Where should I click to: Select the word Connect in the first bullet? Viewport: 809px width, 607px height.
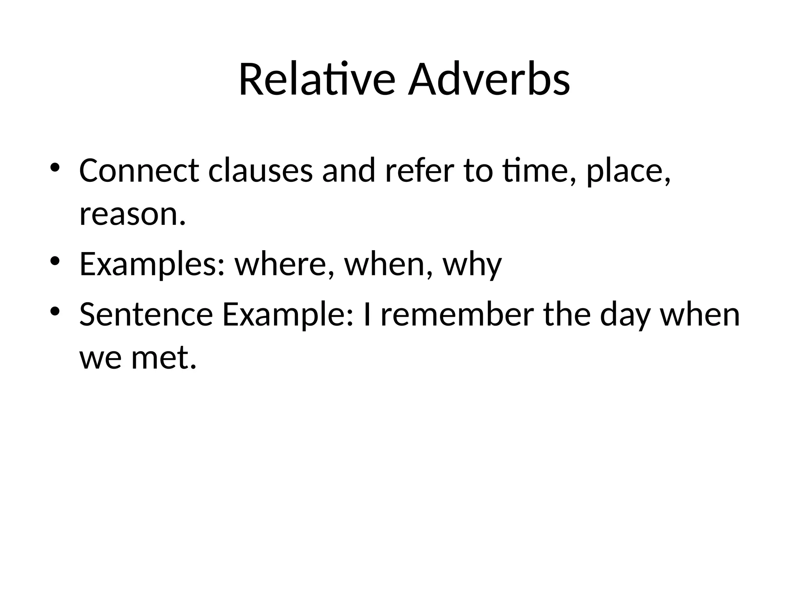(139, 170)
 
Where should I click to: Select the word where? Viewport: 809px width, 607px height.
(282, 264)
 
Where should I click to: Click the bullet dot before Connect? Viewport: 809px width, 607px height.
(55, 168)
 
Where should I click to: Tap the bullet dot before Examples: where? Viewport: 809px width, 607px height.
(55, 261)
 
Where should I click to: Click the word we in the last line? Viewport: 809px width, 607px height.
(100, 358)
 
